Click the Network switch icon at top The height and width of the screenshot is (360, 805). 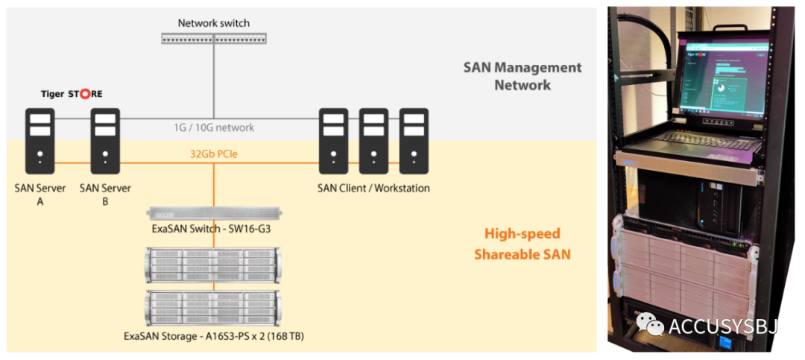tap(213, 37)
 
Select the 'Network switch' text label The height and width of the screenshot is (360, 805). tap(213, 23)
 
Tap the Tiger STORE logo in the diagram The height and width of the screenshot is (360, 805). tap(72, 95)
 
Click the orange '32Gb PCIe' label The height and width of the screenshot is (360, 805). tap(214, 155)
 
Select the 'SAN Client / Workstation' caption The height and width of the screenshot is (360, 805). tap(373, 189)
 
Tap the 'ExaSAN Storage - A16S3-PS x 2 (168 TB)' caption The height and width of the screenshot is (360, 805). tap(214, 336)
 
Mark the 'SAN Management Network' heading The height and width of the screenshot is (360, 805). tap(523, 76)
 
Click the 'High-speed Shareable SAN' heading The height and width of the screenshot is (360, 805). tap(523, 244)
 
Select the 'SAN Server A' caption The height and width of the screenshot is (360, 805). tap(40, 194)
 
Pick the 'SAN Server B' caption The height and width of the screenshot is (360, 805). tap(105, 194)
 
